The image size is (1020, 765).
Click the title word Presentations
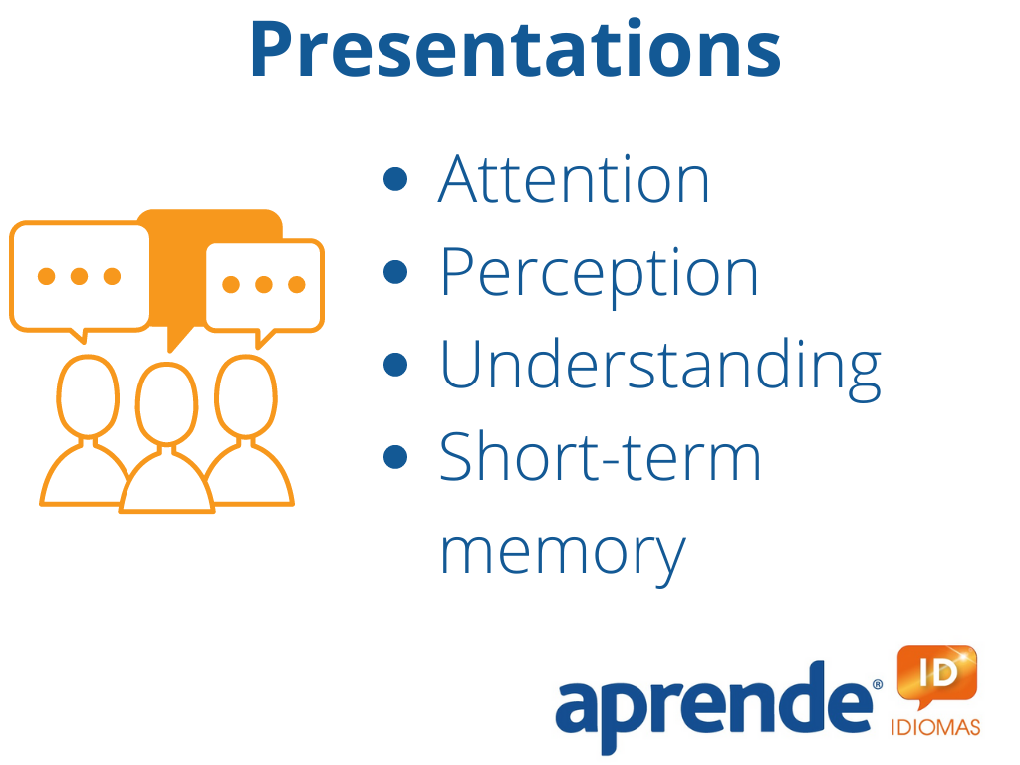516,50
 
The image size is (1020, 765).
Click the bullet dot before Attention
395,179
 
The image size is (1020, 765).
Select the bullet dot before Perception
395,272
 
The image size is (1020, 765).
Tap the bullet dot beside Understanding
395,365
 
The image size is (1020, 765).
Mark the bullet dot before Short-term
395,456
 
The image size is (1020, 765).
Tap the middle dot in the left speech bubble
80,276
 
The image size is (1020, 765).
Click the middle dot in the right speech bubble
263,284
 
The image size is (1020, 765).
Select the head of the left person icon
88,396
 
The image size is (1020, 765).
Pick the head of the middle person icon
166,404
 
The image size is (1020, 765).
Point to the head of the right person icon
246,396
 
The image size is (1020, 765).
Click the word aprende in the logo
713,707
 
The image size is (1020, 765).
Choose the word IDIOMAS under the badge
935,726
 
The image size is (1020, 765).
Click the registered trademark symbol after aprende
878,684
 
